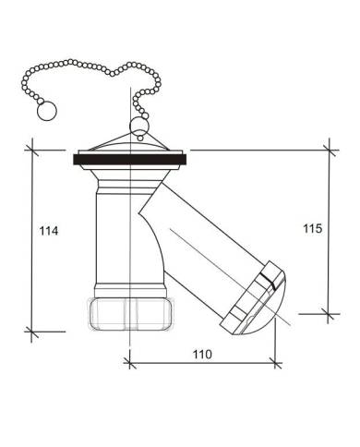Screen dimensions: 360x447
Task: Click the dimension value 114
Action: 49,231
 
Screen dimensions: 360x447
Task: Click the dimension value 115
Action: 313,228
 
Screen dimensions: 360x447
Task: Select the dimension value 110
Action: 202,355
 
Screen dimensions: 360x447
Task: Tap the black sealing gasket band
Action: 129,160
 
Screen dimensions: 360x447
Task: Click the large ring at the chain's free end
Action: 47,111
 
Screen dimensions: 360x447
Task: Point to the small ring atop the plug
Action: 139,127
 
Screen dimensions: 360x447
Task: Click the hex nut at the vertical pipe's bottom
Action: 131,314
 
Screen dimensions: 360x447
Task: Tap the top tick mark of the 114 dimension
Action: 32,151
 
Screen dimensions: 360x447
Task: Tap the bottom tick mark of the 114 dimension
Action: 32,332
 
